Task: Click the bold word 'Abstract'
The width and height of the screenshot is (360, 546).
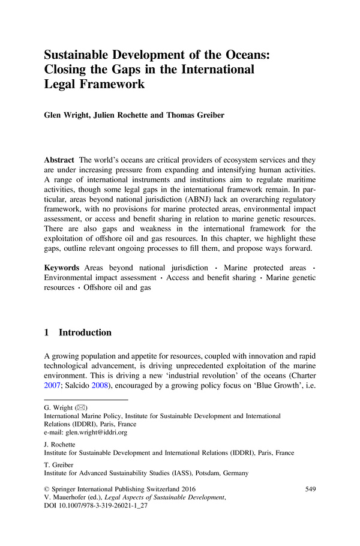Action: coord(59,161)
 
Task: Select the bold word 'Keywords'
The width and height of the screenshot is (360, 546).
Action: coord(62,267)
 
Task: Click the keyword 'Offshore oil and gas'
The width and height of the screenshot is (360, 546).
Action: coord(117,287)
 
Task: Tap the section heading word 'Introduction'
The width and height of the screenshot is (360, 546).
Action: coord(85,332)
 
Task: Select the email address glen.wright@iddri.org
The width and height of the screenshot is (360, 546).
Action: coord(85,431)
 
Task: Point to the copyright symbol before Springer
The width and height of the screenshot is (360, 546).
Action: coord(48,490)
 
